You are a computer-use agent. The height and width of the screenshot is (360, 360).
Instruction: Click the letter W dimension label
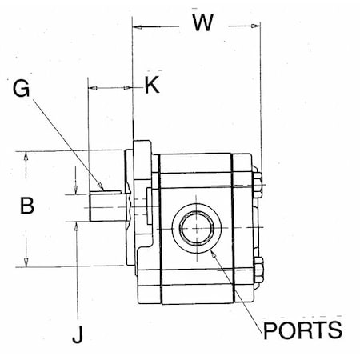tap(202, 22)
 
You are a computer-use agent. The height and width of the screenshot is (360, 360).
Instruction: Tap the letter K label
tap(151, 85)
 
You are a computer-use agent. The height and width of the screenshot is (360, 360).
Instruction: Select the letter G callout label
tap(22, 88)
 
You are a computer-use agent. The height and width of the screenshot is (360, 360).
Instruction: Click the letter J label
tap(77, 335)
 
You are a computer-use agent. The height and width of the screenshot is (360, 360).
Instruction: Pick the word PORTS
tap(302, 329)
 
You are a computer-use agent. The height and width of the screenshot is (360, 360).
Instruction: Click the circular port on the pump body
tap(195, 230)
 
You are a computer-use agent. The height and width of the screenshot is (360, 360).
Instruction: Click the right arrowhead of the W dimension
tap(257, 26)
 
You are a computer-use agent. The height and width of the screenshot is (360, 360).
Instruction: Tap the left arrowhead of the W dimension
tap(136, 26)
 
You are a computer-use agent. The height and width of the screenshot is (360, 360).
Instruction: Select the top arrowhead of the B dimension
tap(27, 154)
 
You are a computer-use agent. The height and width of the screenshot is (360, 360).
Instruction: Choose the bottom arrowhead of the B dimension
tap(27, 262)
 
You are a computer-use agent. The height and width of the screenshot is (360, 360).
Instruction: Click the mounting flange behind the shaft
tap(142, 204)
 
